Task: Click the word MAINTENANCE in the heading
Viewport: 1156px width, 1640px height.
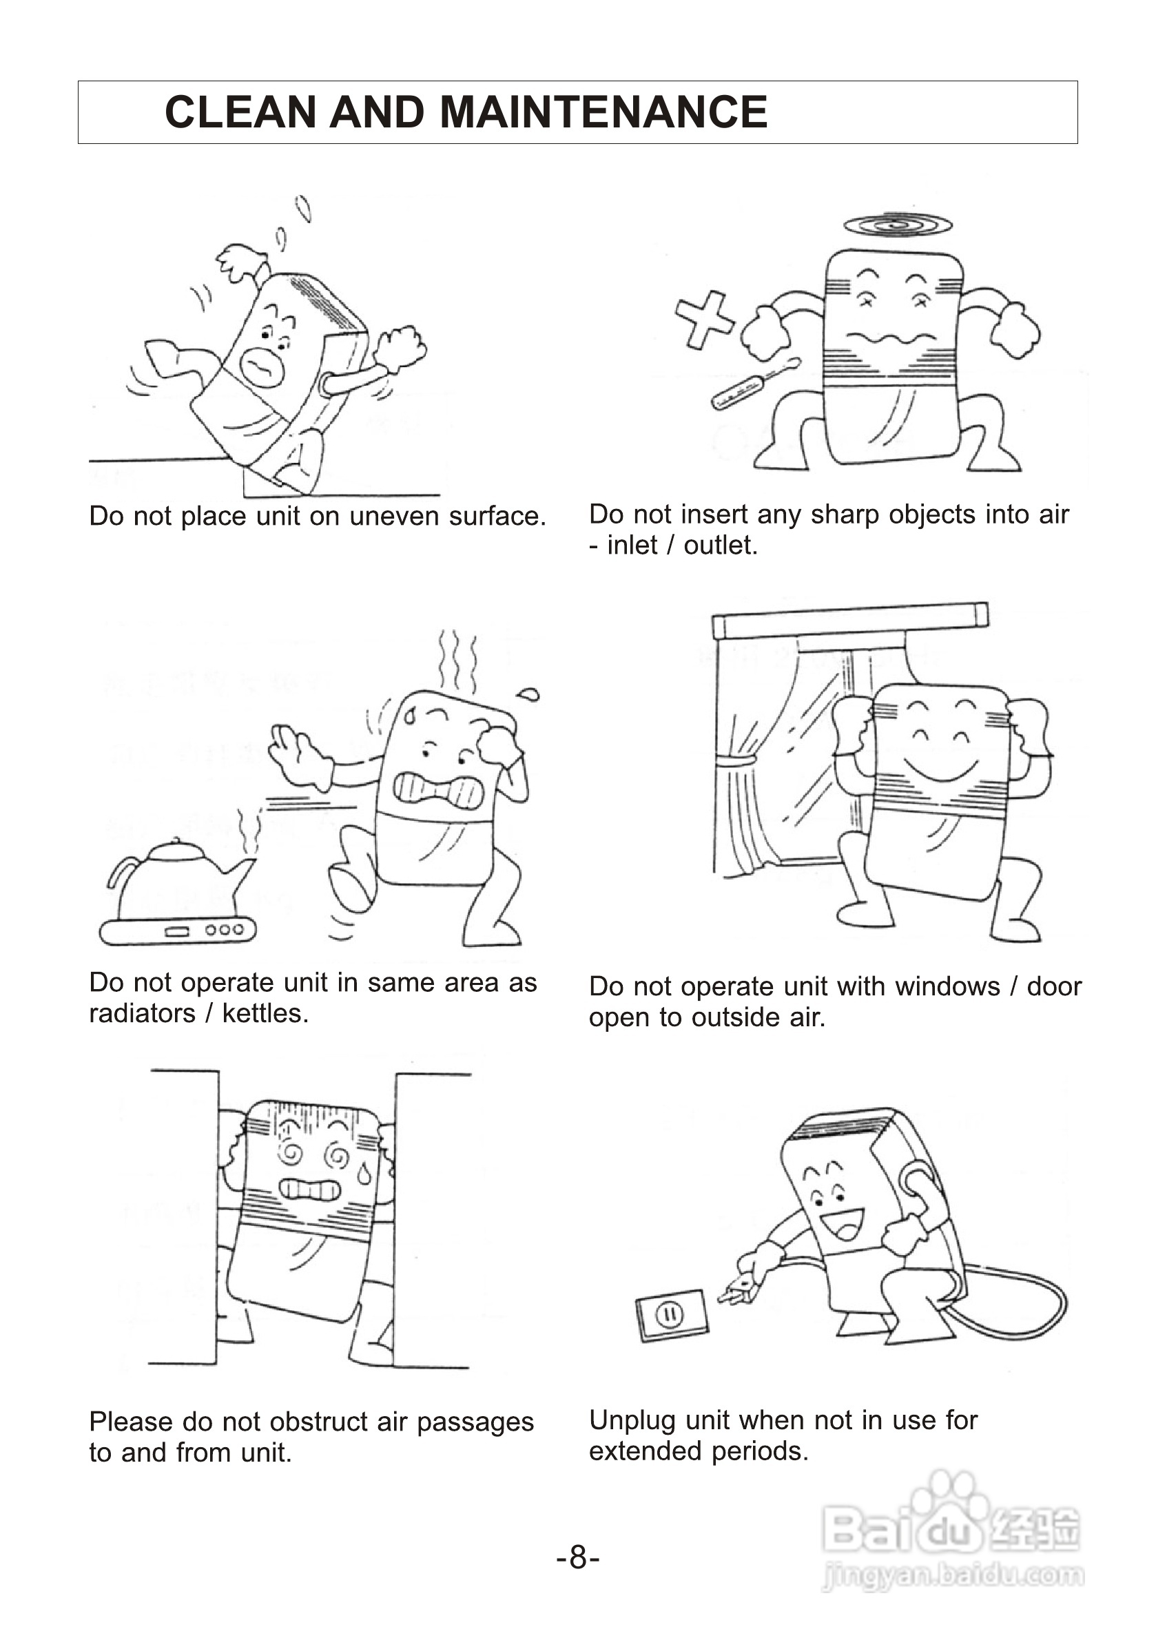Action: (603, 112)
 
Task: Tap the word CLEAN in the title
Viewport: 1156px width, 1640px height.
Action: (240, 112)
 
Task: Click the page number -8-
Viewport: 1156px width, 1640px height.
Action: (578, 1557)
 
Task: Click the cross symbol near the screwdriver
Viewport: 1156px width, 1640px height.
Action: (705, 320)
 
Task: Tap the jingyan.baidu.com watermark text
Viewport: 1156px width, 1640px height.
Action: (953, 1575)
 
